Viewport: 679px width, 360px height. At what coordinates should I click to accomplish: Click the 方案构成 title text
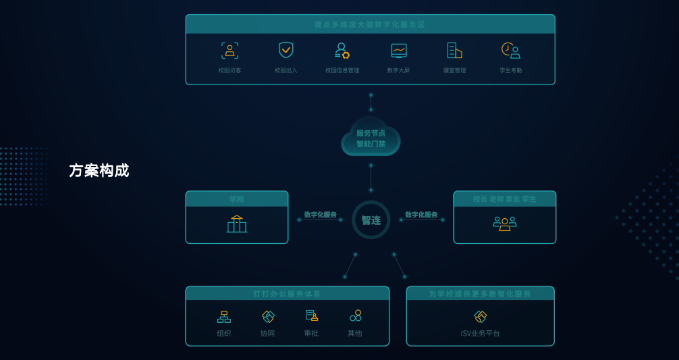click(99, 170)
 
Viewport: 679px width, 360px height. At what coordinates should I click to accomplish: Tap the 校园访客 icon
click(229, 51)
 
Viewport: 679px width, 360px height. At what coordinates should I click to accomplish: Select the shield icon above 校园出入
click(286, 50)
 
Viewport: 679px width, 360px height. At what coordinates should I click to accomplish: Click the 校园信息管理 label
click(342, 70)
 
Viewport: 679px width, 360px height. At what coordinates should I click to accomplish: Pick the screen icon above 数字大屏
click(399, 51)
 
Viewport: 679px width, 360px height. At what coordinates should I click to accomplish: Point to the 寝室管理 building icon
click(454, 51)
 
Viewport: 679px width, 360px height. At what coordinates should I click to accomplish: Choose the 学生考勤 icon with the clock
click(510, 51)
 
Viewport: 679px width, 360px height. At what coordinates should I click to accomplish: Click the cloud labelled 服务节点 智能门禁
click(371, 138)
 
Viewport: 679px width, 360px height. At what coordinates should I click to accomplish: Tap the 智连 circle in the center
click(371, 220)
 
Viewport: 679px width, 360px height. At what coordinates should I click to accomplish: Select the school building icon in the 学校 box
click(237, 224)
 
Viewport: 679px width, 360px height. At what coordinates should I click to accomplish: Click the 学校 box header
click(237, 199)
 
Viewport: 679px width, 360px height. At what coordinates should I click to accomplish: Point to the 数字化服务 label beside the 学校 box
click(320, 215)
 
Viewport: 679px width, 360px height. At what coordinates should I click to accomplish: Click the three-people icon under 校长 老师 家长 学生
click(504, 224)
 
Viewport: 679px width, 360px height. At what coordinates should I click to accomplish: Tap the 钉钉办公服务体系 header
click(287, 294)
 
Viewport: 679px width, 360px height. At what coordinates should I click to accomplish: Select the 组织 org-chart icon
click(224, 316)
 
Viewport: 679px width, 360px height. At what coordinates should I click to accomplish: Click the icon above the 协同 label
click(268, 316)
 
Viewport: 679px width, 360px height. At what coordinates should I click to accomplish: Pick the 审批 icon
click(311, 315)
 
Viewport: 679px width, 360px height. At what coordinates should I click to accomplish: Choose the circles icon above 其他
click(355, 315)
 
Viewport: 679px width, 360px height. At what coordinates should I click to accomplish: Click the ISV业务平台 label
click(480, 333)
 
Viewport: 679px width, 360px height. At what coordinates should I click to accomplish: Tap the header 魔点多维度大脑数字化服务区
click(370, 24)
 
